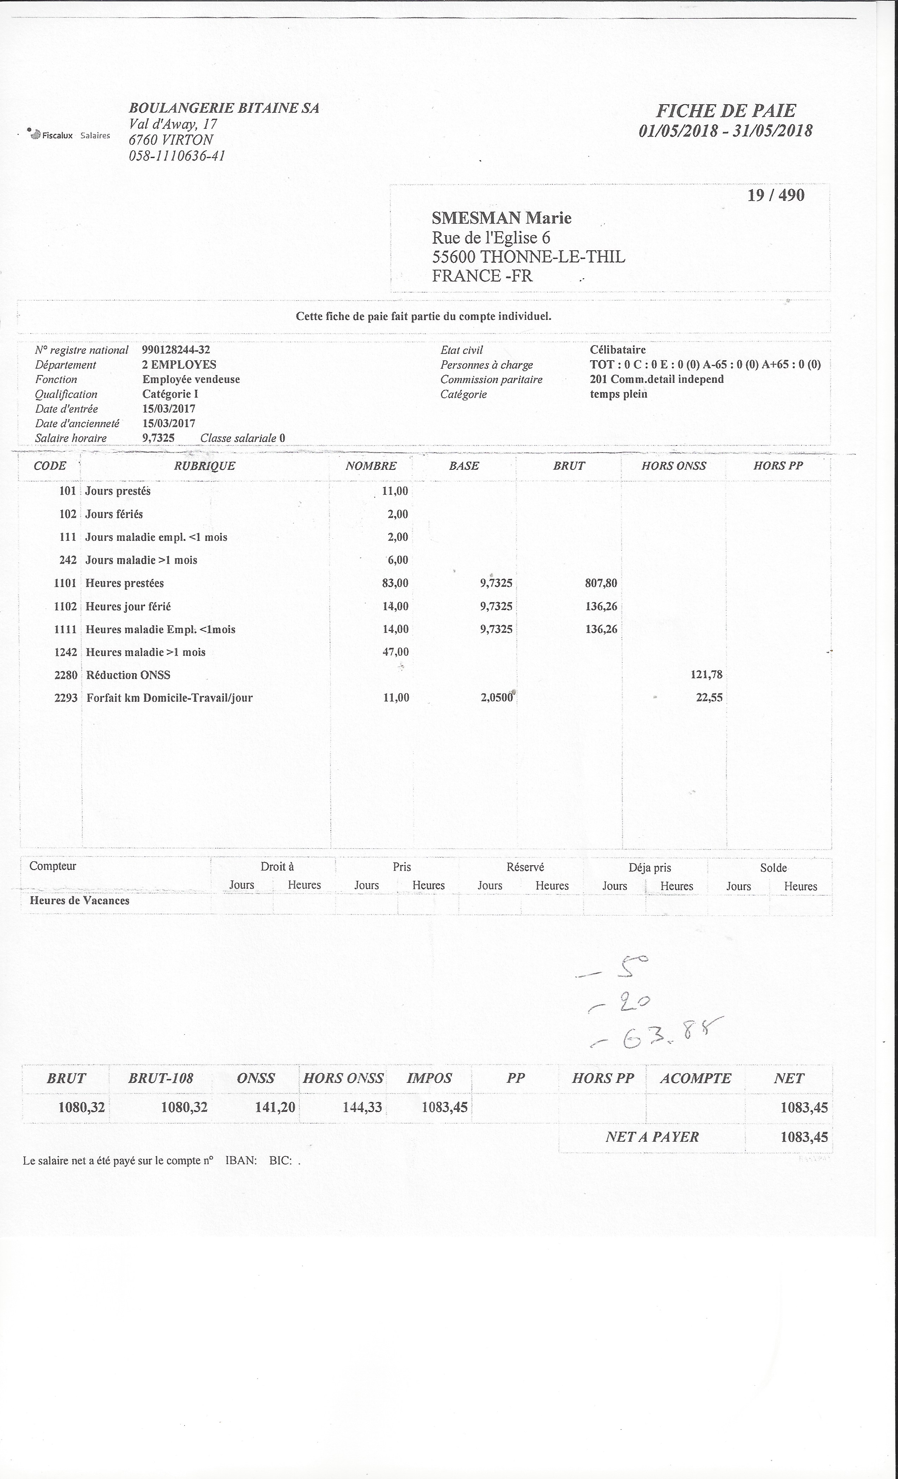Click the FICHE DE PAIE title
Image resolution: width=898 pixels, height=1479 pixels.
(726, 111)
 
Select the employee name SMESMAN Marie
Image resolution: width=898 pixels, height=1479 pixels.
(501, 218)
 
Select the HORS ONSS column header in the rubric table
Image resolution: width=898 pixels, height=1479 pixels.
(673, 466)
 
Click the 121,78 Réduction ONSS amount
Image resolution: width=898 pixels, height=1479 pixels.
(706, 675)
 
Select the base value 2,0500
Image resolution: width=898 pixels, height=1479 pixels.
(497, 698)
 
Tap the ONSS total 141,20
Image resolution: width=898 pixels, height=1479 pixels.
(275, 1107)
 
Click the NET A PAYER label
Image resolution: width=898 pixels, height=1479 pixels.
(652, 1137)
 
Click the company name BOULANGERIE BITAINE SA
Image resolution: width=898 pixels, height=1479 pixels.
(224, 108)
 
